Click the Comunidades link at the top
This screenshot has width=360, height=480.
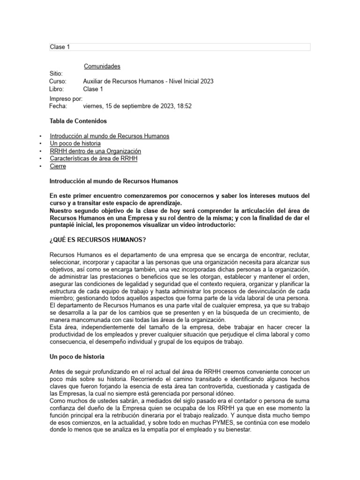click(102, 66)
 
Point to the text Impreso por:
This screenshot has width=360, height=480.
click(66, 99)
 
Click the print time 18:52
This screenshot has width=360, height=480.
click(184, 106)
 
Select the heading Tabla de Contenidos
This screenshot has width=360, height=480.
click(78, 121)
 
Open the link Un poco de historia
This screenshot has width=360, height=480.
click(77, 143)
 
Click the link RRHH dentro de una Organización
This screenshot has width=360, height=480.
click(95, 151)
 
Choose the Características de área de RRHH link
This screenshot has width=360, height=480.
click(93, 158)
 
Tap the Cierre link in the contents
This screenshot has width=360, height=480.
click(58, 166)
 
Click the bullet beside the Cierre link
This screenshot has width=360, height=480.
click(41, 166)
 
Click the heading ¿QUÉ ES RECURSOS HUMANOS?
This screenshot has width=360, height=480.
click(97, 240)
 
